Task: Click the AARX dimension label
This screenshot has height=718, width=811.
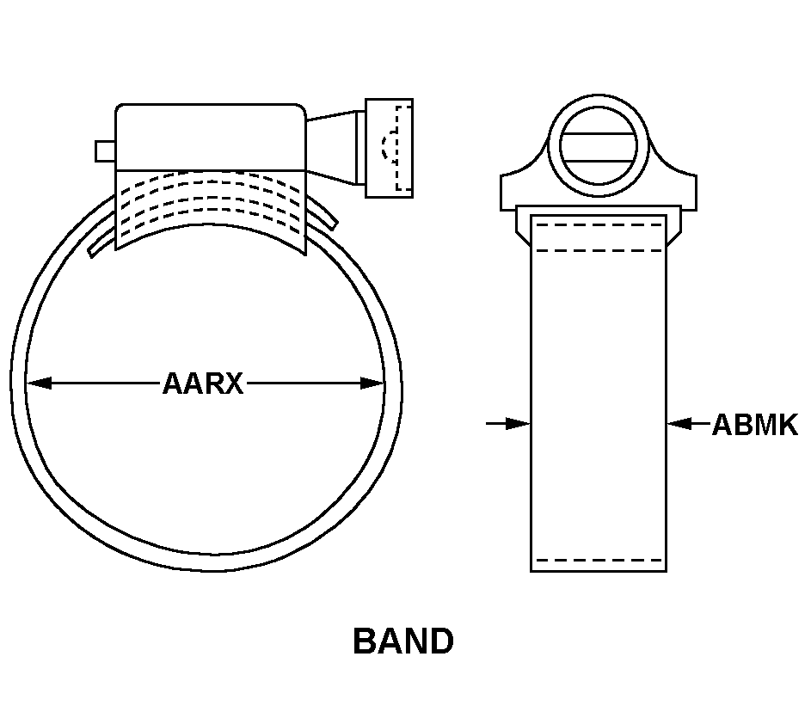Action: click(203, 384)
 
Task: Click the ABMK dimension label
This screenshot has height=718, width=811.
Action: click(755, 425)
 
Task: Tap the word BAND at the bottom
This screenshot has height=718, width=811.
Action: click(403, 641)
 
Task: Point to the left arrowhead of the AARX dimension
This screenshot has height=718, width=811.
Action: click(39, 384)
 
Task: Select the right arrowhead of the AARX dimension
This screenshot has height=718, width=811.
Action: click(372, 384)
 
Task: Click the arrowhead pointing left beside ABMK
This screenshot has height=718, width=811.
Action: click(679, 424)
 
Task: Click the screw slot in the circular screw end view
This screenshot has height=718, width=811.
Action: click(599, 148)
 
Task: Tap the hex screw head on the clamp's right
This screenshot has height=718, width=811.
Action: click(389, 148)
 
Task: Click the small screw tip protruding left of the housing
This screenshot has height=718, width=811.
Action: click(105, 151)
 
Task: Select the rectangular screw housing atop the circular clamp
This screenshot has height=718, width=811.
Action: click(211, 137)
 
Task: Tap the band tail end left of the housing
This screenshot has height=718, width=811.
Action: click(101, 242)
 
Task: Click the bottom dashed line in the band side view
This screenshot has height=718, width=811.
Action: click(599, 561)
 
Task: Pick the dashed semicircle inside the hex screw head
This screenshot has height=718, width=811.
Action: click(386, 146)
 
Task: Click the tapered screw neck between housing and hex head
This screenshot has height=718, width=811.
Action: click(331, 147)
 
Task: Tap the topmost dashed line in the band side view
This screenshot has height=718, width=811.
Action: click(599, 225)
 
